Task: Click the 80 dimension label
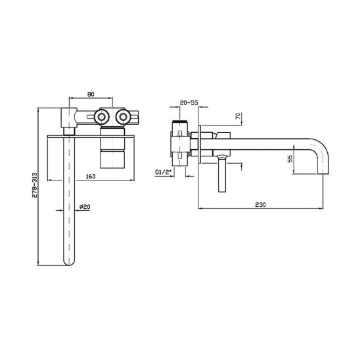(91, 95)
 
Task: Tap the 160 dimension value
(91, 176)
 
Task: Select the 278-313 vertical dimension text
(34, 185)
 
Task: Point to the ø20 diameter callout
(85, 207)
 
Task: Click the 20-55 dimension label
(189, 103)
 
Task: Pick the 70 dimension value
(238, 116)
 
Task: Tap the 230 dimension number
(261, 204)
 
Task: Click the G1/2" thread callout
(164, 172)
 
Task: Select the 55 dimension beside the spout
(290, 159)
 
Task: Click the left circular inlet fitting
(101, 117)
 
